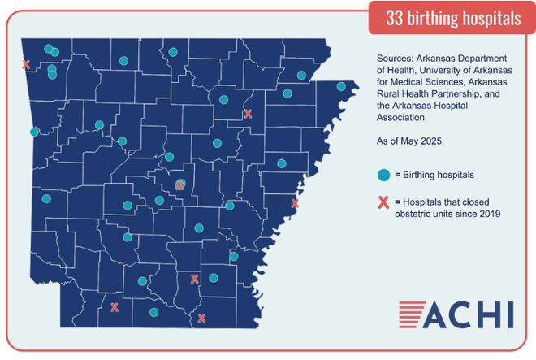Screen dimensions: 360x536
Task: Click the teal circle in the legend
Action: (x=383, y=174)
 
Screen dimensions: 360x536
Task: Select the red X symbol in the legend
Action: (x=383, y=202)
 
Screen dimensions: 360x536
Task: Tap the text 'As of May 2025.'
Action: (x=410, y=141)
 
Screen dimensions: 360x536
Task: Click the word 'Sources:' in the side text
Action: (x=397, y=59)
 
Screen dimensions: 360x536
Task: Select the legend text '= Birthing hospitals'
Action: (x=434, y=174)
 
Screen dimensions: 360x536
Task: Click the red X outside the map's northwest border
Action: (x=26, y=64)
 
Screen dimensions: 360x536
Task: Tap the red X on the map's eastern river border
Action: (x=295, y=203)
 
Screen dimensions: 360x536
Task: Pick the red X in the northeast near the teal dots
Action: (x=248, y=114)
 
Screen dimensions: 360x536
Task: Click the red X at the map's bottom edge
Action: (x=201, y=319)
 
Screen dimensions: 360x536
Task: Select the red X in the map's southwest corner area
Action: (x=115, y=307)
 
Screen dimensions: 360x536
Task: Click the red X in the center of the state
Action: (x=179, y=186)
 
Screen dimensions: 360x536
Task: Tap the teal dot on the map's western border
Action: (x=34, y=132)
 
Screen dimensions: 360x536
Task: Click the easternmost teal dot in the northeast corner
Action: (x=341, y=86)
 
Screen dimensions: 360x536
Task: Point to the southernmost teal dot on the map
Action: (x=153, y=312)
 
